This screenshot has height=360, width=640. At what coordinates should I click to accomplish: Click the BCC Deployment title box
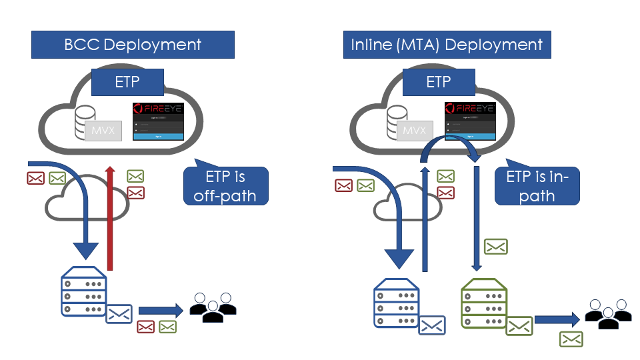[133, 45]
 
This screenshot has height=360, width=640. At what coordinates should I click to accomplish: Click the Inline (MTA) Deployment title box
[447, 45]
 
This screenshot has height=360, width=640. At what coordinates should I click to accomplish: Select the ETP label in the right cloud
[439, 83]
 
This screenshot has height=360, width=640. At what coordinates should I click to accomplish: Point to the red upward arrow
[110, 220]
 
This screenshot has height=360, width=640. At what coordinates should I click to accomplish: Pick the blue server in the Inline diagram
[397, 303]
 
